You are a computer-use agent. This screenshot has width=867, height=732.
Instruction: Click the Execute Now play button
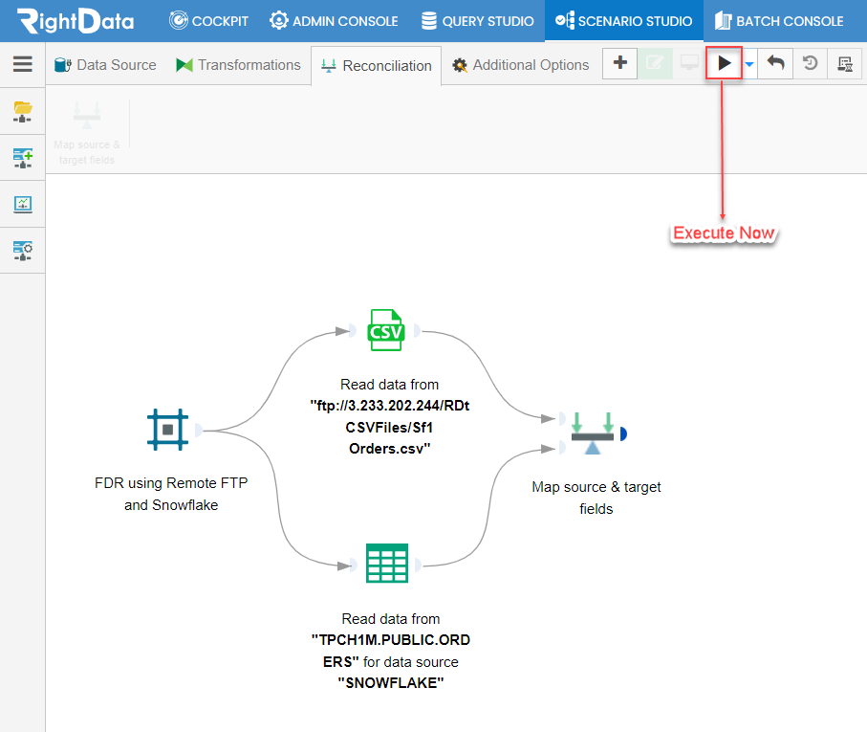point(724,63)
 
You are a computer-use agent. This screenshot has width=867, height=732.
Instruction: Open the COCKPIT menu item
point(208,21)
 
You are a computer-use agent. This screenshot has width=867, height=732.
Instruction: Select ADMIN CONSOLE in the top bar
point(334,21)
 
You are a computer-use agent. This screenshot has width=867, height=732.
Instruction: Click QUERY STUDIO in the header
point(477,21)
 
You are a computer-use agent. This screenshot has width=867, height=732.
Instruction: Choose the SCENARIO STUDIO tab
point(623,21)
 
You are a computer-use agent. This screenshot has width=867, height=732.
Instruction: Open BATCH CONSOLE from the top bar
point(778,21)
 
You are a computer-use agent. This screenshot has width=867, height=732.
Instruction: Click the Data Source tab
point(105,65)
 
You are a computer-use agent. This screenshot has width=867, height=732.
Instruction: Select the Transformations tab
point(238,65)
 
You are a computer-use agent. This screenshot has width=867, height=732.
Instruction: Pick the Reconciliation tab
point(376,66)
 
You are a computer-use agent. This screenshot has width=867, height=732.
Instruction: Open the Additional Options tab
point(520,65)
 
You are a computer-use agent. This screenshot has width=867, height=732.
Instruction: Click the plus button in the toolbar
point(619,63)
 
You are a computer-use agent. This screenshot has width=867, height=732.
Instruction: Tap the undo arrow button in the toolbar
point(775,63)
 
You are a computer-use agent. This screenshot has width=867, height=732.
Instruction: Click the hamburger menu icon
point(23,63)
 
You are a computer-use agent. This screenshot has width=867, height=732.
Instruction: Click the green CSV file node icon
point(386,330)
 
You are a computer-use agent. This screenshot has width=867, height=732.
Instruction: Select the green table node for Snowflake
point(387,564)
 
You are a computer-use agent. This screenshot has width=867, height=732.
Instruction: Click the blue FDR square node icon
point(167,430)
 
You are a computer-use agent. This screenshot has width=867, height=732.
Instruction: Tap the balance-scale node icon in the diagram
point(593,433)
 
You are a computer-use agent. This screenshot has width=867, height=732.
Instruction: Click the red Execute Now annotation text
point(724,233)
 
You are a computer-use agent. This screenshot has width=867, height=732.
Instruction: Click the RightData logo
point(76,21)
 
